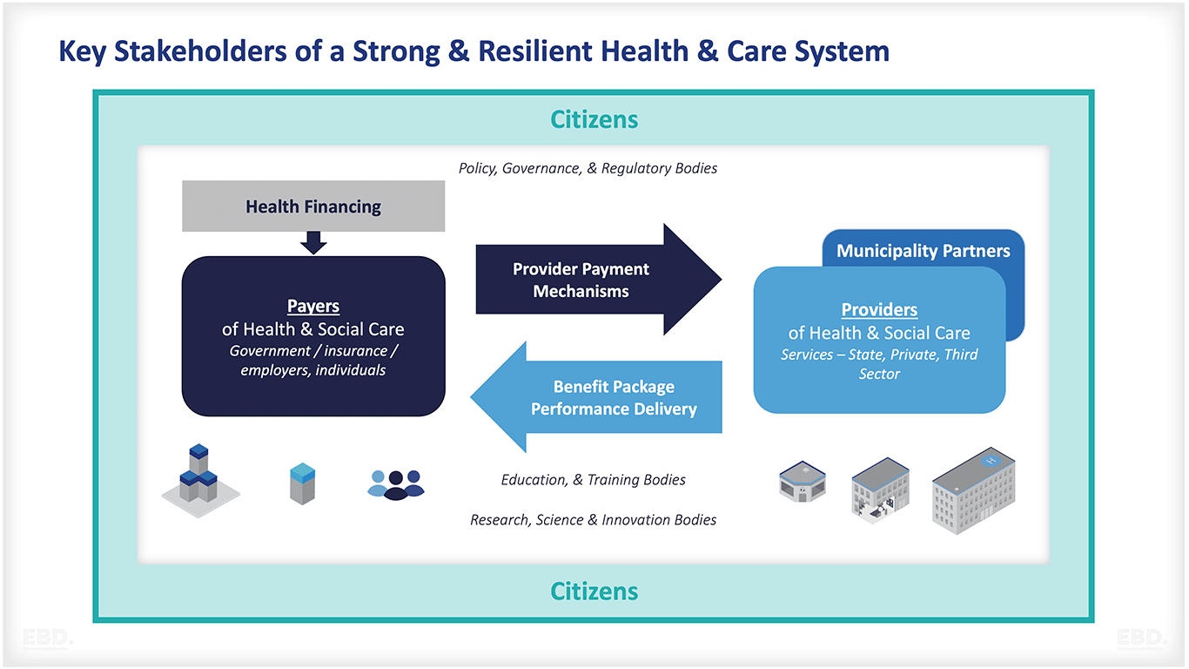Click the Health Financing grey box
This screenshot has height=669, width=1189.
[313, 206]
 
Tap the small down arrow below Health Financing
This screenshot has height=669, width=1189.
[313, 242]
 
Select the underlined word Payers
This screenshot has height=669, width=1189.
[313, 307]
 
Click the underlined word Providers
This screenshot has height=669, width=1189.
[879, 310]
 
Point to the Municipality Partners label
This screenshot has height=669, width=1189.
[923, 251]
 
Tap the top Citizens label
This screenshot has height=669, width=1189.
[594, 119]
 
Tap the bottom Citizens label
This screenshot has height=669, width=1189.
[594, 591]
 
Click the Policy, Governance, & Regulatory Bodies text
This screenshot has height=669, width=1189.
[588, 168]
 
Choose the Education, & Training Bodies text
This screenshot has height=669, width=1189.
[594, 480]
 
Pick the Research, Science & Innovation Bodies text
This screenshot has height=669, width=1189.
[594, 520]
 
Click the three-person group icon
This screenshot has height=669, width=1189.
[396, 483]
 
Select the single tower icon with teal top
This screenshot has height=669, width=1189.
[302, 483]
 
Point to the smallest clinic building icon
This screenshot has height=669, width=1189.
[802, 482]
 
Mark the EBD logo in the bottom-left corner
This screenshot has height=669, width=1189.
[49, 639]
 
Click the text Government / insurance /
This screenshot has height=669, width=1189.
[313, 351]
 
